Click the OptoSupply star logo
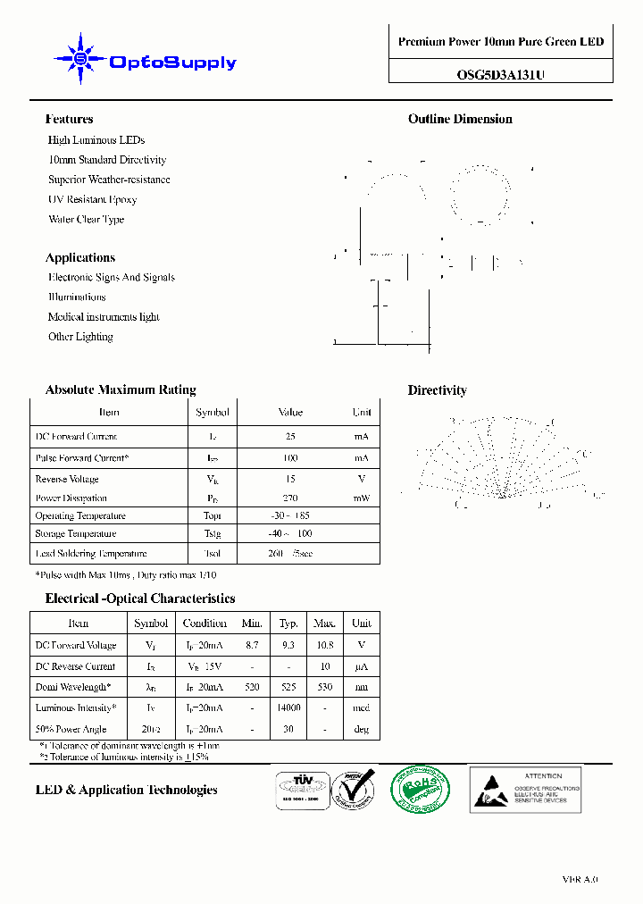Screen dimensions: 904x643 click(79, 60)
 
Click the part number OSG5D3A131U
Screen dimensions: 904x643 click(500, 75)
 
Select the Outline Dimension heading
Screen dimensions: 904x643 click(460, 119)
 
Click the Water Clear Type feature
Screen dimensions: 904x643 click(86, 219)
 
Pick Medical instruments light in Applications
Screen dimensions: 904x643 click(104, 316)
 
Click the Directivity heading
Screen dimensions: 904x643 click(437, 390)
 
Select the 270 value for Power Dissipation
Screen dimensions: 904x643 click(290, 498)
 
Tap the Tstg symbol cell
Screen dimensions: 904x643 click(212, 533)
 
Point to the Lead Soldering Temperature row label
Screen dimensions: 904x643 click(90, 554)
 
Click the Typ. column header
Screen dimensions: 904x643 click(288, 623)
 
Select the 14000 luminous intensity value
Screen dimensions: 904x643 click(288, 707)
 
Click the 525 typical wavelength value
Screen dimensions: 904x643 click(288, 687)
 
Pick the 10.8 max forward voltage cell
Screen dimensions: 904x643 click(325, 645)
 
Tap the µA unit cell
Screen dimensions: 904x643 click(362, 666)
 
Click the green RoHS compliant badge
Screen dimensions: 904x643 click(420, 789)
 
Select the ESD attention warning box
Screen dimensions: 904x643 click(525, 789)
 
